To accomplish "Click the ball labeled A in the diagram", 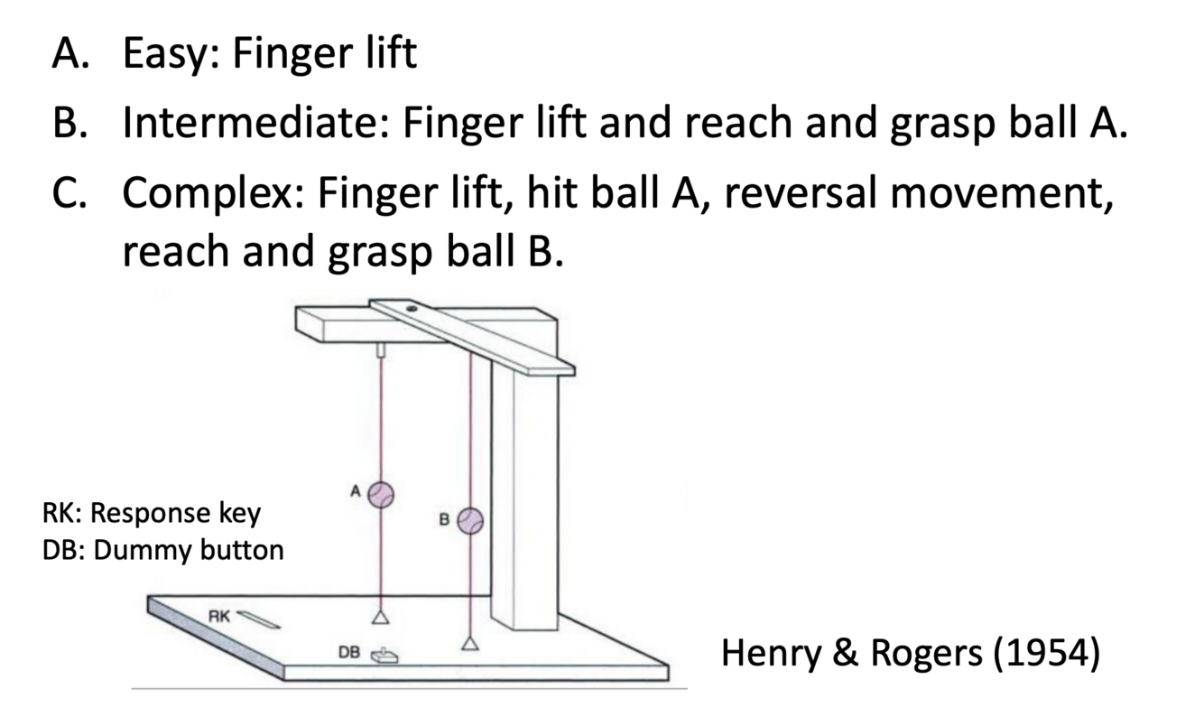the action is (381, 494).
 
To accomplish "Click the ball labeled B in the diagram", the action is (470, 520).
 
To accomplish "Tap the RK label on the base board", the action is (219, 616).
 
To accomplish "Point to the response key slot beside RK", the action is (260, 620).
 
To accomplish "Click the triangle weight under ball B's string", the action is (469, 643).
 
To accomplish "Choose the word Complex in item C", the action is (211, 193).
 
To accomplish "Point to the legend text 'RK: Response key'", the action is (151, 513).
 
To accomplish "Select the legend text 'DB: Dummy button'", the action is (162, 549).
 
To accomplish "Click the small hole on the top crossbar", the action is (412, 309).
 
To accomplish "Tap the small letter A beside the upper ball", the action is (356, 490).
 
